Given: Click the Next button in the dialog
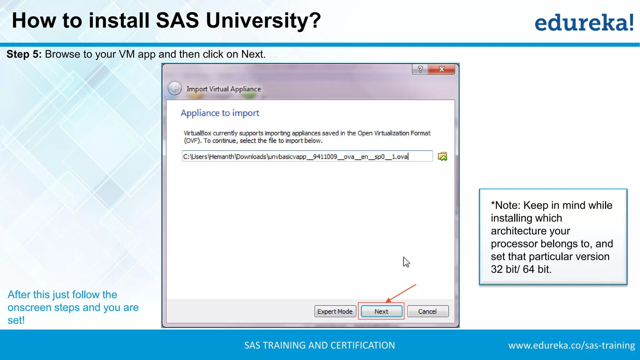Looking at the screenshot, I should [x=381, y=311].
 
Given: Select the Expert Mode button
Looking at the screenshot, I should [x=335, y=311].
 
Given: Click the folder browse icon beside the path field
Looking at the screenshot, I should [x=442, y=156].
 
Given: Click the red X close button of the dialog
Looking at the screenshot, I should [x=442, y=69].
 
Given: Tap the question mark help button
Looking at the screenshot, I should [x=420, y=69].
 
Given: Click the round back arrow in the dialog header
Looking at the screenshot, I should [x=175, y=88].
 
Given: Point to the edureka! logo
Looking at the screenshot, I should [x=584, y=22].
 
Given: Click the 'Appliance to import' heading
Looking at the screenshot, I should [x=220, y=113].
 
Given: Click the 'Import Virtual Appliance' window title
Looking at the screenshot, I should [x=224, y=89].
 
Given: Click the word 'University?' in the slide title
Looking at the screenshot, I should [x=263, y=21].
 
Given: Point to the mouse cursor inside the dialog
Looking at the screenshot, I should [x=406, y=262].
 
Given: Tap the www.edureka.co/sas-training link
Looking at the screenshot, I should [x=572, y=345].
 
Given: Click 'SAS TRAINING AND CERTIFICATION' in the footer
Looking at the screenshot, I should [x=319, y=345].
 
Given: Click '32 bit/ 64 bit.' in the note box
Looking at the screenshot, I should [x=521, y=269].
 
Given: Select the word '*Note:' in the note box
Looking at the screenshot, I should [x=506, y=205].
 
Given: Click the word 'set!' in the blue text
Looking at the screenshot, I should [x=16, y=320].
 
